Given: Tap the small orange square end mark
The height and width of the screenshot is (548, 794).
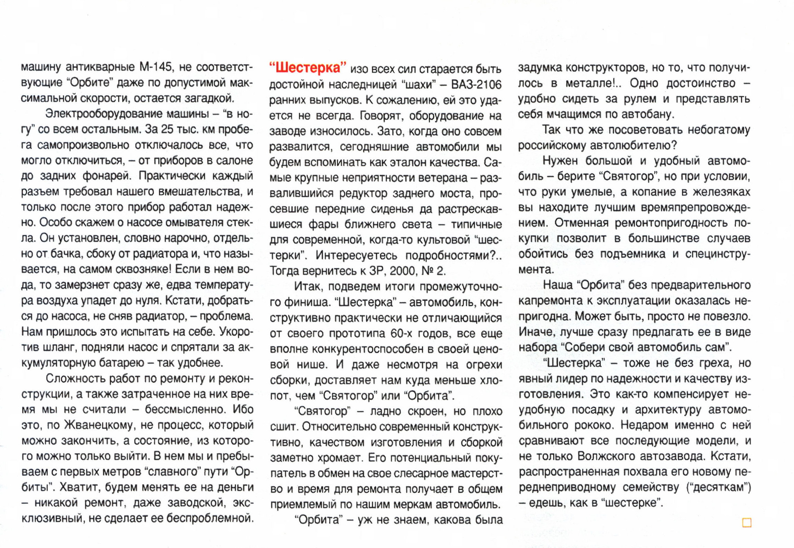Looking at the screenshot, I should pyautogui.click(x=746, y=523).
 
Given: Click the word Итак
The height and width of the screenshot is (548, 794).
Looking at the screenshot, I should pyautogui.click(x=308, y=287).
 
